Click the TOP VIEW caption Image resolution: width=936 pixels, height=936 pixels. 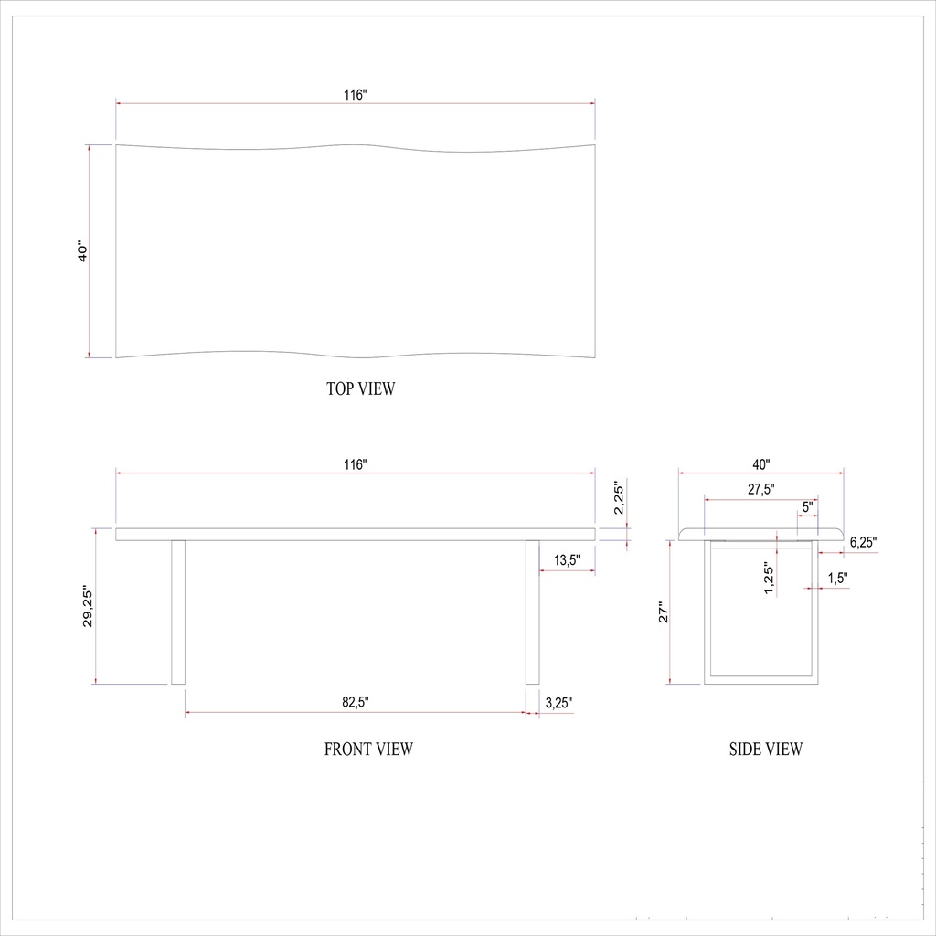(361, 389)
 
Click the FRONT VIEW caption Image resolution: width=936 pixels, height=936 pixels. (368, 750)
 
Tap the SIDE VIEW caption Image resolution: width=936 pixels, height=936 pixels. (766, 750)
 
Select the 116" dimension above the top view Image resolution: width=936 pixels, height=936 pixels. (356, 94)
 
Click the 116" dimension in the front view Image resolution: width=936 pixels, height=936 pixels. (356, 464)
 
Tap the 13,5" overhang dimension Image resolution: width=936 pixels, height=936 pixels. (567, 560)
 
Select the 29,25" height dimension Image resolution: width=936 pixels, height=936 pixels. (88, 607)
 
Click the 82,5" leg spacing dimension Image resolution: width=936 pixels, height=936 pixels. (356, 703)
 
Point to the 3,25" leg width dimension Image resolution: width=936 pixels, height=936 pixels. (558, 703)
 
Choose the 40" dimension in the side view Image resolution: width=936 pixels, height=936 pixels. (761, 464)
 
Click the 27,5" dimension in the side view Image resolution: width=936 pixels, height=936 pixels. (761, 489)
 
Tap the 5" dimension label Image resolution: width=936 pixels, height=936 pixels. (807, 506)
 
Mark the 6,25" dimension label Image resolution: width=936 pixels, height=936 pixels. (863, 542)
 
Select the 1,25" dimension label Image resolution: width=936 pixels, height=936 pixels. (769, 579)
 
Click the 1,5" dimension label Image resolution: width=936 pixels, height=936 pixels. (837, 578)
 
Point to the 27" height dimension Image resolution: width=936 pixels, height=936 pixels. (665, 613)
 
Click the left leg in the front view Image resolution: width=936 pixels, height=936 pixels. (178, 612)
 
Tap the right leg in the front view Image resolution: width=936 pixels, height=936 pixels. (533, 612)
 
